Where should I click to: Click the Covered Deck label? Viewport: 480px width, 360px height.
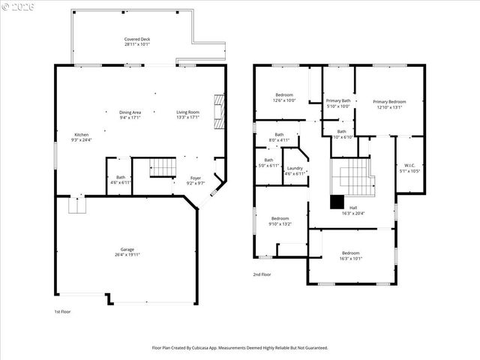pos(137,41)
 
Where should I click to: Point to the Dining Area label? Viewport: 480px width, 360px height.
pos(130,115)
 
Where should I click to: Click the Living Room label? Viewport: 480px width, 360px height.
pos(187,115)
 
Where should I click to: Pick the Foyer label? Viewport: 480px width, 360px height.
pos(195,181)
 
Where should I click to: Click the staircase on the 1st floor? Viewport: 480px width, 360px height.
pos(162,167)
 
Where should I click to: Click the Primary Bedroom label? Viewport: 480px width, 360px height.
pos(389,104)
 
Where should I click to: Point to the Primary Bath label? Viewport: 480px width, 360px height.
pos(337,103)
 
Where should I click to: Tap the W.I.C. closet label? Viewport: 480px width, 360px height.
pos(409,168)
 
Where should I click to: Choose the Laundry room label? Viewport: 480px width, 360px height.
pos(294,170)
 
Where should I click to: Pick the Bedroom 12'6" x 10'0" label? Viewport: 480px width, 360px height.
pos(284,97)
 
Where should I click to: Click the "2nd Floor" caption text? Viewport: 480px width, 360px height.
pos(262,274)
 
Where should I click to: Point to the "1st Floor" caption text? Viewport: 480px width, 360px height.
pos(62,311)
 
